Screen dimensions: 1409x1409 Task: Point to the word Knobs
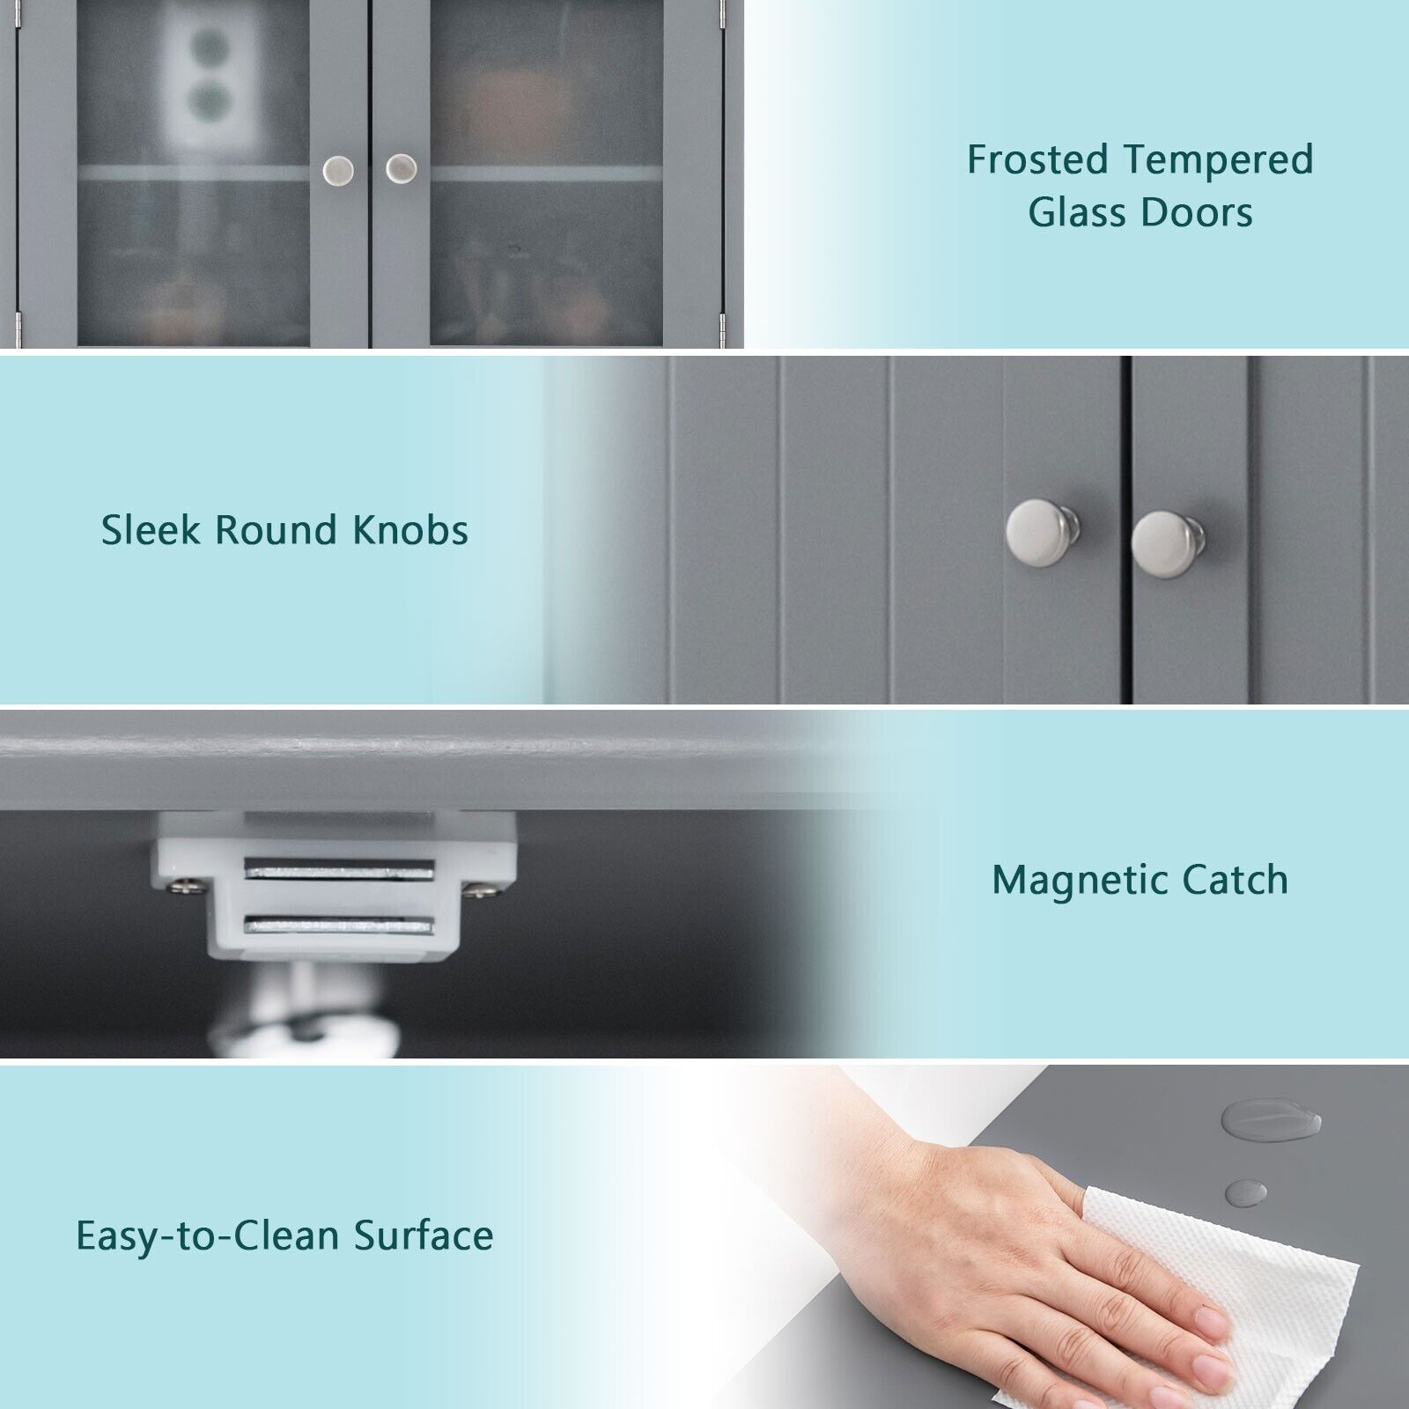[409, 530]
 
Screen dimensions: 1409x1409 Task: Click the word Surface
[424, 1236]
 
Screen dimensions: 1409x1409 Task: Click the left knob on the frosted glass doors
[338, 168]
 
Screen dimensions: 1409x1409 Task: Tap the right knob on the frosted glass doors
[402, 168]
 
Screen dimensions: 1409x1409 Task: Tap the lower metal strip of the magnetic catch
[340, 925]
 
